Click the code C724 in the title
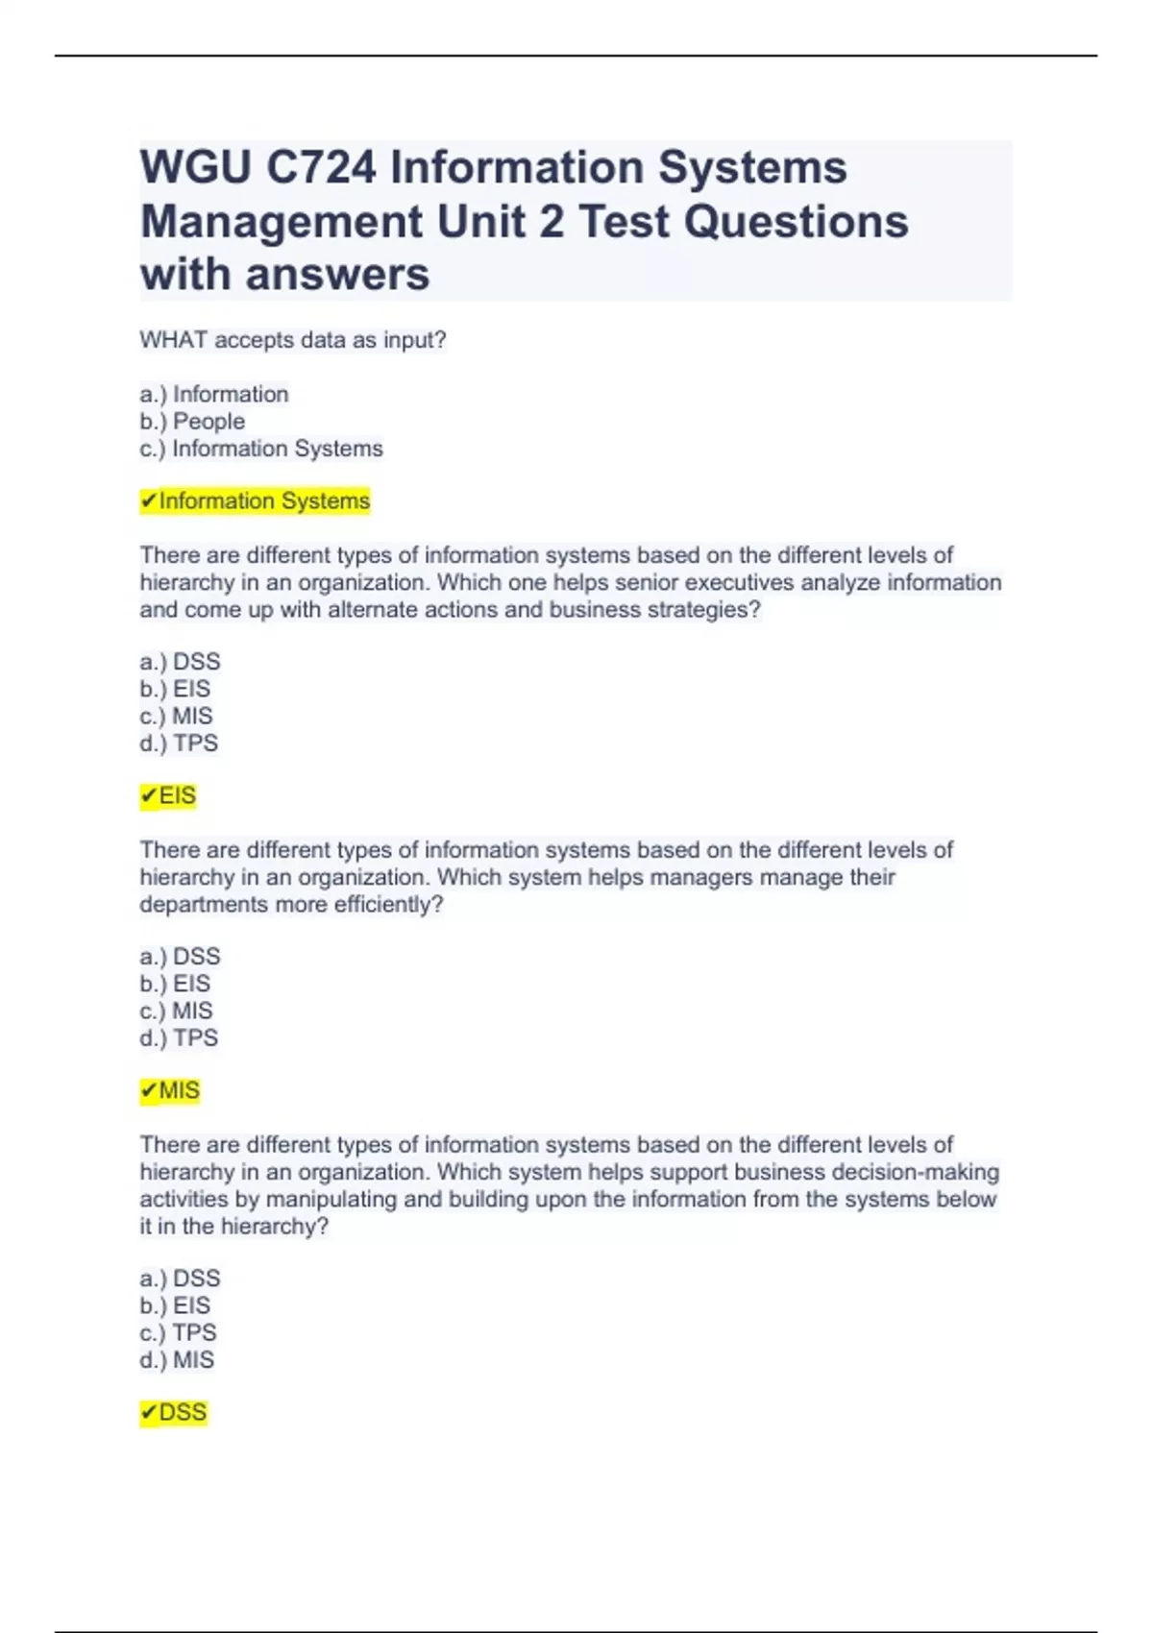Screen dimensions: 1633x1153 coord(321,168)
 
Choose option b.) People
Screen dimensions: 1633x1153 coord(192,422)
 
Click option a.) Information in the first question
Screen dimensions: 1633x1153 coord(213,395)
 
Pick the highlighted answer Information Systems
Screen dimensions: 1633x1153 coord(256,501)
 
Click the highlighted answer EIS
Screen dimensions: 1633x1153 coord(169,796)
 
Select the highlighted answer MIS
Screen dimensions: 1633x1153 coord(171,1091)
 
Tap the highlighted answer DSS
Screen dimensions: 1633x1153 coord(174,1413)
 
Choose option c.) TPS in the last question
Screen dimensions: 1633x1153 coord(179,1333)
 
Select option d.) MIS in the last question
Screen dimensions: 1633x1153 coord(178,1360)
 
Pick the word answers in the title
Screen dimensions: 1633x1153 coord(338,275)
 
